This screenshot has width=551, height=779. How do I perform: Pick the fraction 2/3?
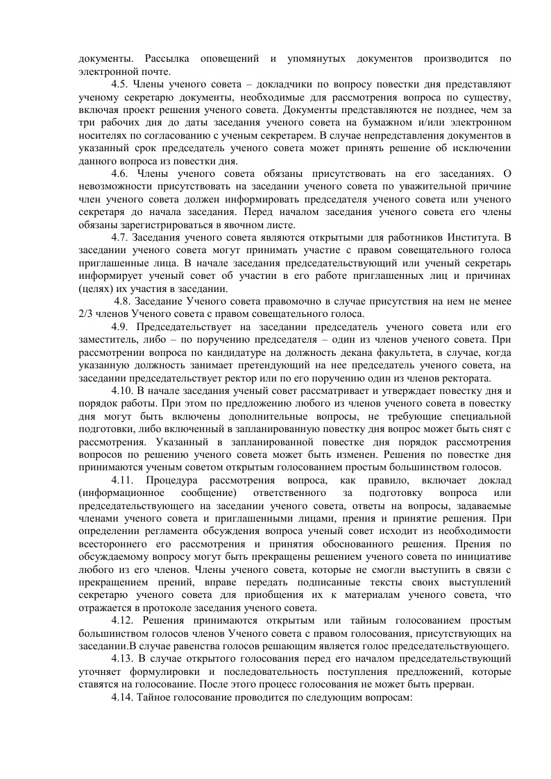click(85, 314)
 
